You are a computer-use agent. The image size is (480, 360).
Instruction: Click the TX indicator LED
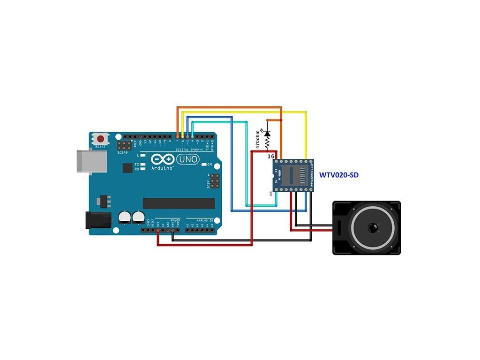142,165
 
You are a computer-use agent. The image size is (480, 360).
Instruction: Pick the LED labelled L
142,155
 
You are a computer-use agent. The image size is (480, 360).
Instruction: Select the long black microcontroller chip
179,203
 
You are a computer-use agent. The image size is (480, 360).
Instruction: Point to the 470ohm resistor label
257,139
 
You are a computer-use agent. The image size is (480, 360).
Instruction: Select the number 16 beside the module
270,156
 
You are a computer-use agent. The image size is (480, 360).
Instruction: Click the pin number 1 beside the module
270,193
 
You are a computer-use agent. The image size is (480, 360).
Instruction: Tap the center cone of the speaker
373,228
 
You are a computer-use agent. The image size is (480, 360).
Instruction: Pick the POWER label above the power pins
175,219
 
